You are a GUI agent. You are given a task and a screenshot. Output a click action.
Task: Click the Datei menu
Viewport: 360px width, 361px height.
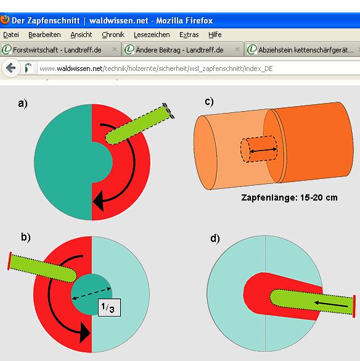point(11,35)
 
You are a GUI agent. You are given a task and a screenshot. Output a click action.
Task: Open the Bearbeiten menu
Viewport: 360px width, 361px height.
point(44,35)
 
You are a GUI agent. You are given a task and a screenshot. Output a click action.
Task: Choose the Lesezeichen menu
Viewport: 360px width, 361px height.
point(152,35)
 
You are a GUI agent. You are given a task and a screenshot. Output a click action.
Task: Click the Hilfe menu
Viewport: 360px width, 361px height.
point(215,35)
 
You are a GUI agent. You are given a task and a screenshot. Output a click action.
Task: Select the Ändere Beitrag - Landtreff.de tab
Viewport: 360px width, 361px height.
point(179,49)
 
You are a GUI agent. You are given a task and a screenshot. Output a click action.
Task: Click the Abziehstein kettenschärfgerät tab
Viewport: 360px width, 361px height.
point(302,49)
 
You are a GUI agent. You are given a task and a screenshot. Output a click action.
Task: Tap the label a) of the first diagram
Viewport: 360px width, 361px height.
point(23,104)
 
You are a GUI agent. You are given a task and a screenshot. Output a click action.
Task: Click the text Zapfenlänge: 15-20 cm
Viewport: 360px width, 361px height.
point(288,198)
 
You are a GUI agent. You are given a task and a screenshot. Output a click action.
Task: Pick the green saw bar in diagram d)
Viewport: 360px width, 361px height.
point(311,303)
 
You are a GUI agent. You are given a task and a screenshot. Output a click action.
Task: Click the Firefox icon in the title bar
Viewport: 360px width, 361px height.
point(6,19)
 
